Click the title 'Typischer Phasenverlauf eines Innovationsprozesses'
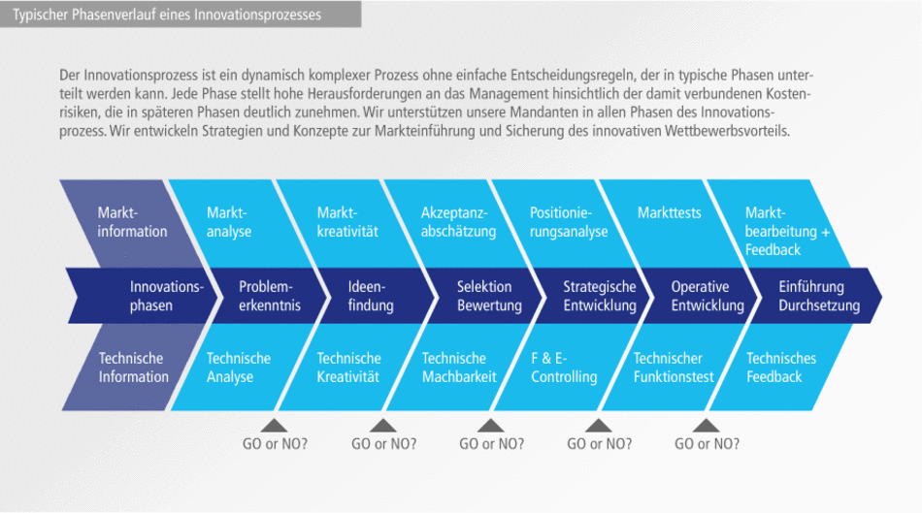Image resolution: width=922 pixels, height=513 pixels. coord(166,15)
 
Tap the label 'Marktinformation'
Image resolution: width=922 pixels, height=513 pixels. coord(132,221)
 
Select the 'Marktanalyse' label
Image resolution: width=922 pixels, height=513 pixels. coord(229,221)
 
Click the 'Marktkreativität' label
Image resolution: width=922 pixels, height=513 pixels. coord(347,221)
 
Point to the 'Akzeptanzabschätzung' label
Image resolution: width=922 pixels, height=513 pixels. coord(458,221)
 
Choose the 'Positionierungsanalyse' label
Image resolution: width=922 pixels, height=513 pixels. coord(569,221)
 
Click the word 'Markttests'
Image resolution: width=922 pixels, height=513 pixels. coord(669,212)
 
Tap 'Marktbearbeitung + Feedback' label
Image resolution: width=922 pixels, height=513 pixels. coord(787,231)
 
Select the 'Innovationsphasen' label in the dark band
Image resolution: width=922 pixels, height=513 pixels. coord(167,296)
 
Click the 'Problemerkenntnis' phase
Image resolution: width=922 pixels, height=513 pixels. coord(270,296)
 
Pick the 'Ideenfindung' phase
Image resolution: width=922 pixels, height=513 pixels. coord(371,296)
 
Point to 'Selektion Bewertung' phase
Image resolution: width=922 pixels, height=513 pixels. coord(489,296)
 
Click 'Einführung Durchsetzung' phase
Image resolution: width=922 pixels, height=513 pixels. coord(819,296)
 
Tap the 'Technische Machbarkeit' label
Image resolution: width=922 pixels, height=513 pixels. coord(458,368)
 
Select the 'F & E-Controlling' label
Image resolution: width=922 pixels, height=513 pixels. coord(564,368)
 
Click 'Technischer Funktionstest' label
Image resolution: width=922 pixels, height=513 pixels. coord(674,368)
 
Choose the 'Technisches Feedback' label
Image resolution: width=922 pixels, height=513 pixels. coord(780,368)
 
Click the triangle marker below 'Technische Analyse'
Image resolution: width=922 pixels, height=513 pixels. coord(275,425)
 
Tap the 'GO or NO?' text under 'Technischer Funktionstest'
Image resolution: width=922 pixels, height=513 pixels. coord(707,444)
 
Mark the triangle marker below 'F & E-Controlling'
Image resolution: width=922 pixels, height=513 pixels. coord(599,425)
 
